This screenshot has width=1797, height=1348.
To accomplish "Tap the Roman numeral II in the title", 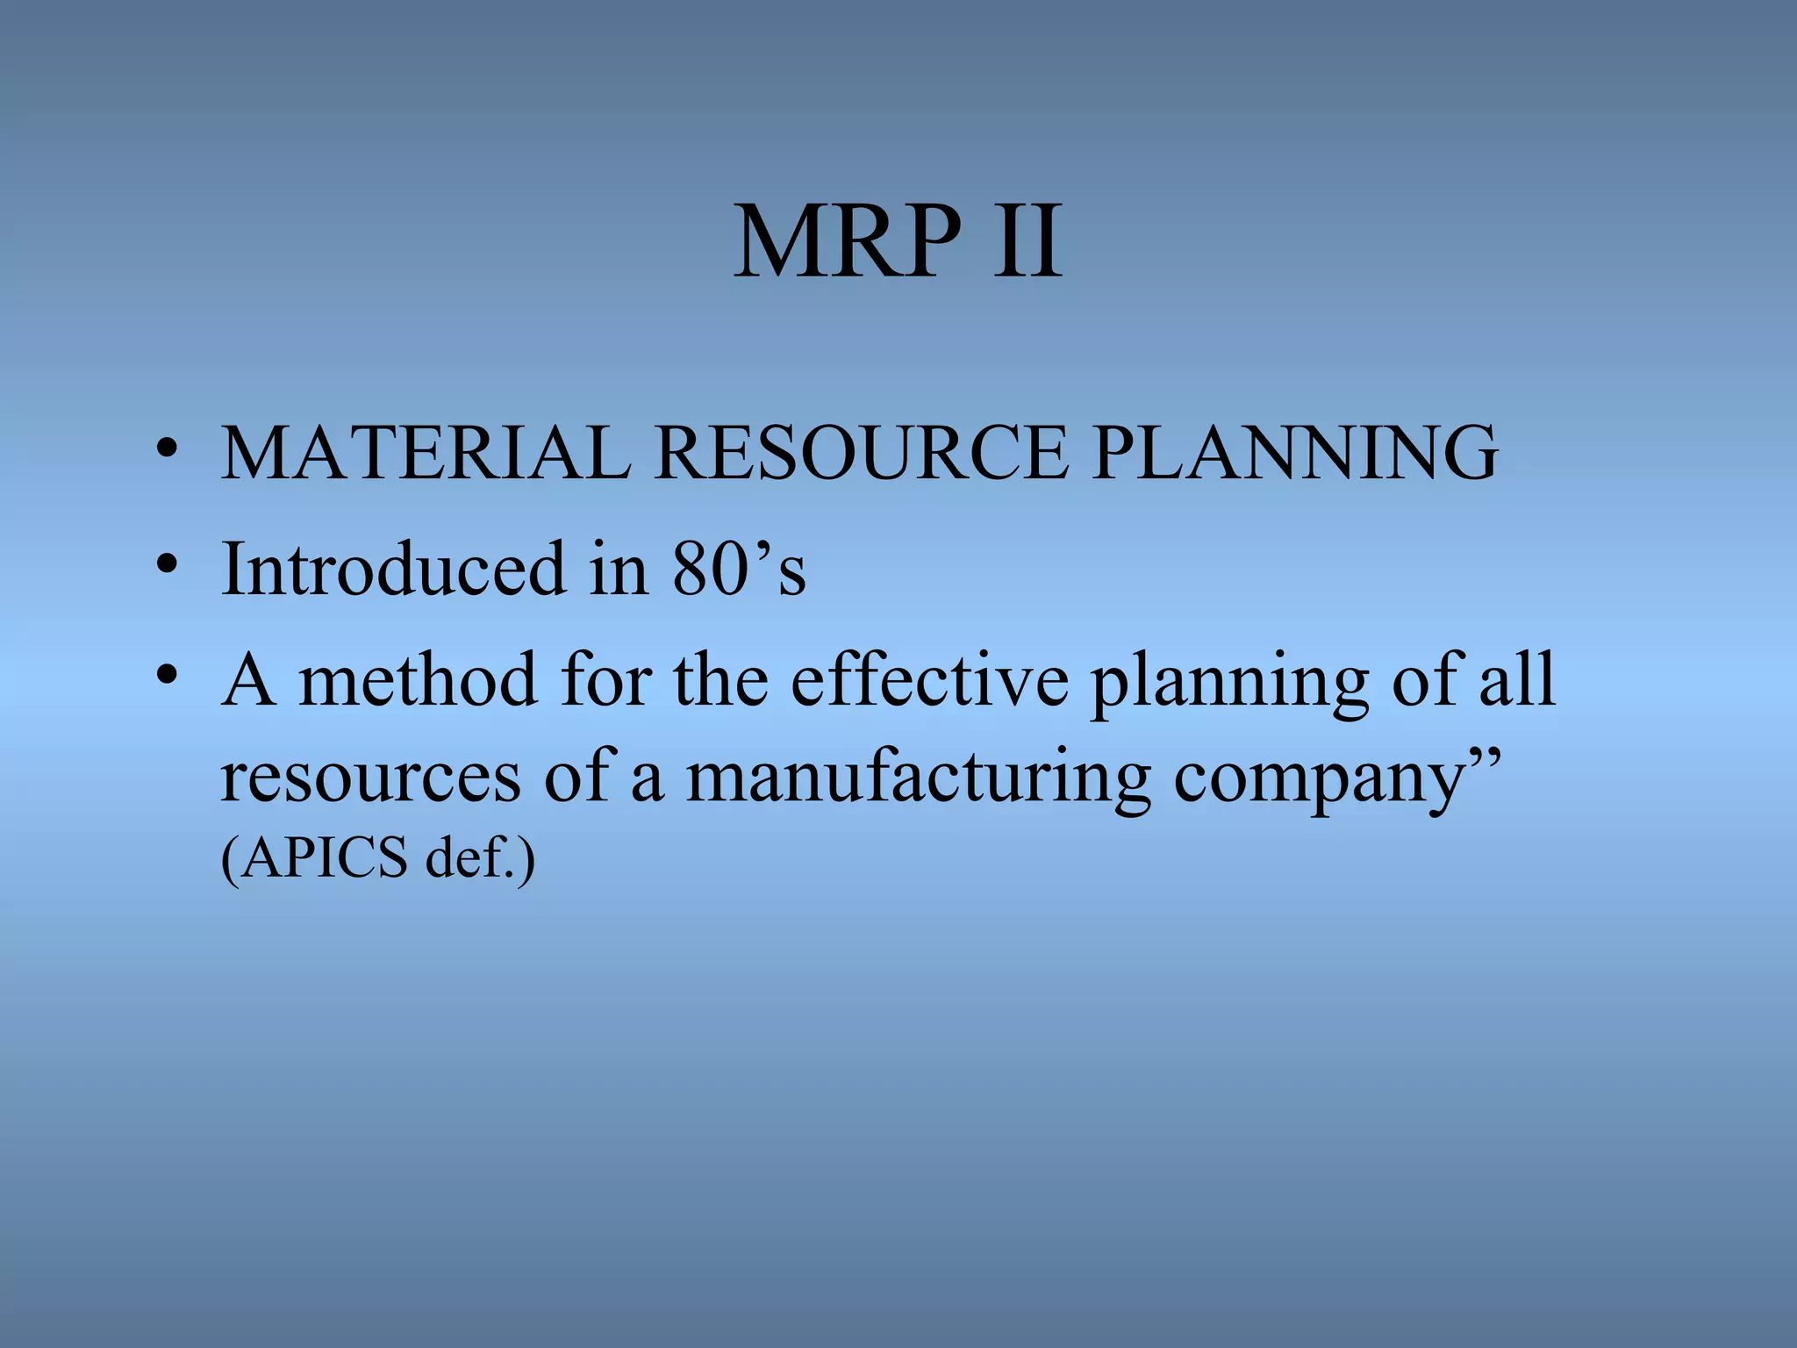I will [1027, 241].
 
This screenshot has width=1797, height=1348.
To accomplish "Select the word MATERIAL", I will [426, 453].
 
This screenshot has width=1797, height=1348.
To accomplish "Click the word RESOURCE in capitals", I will [862, 453].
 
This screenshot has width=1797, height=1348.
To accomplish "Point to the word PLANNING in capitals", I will [1295, 453].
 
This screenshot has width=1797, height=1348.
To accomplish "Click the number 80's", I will [738, 569].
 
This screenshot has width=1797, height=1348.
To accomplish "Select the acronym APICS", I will [325, 857].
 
